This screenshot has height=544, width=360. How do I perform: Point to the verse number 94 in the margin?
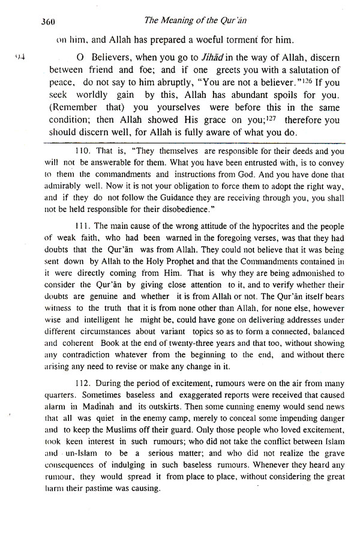point(20,58)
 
